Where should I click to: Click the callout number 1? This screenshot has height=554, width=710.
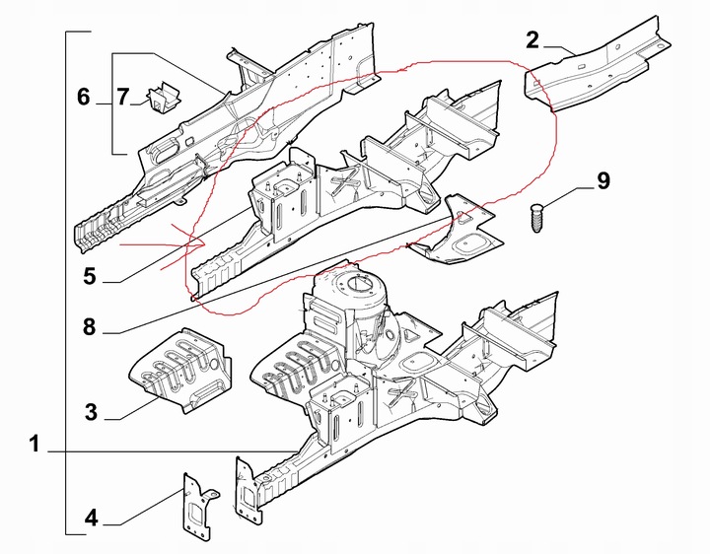(x=35, y=446)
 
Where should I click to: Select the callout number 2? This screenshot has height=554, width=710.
(x=532, y=40)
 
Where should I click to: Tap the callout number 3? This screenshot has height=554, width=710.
(x=91, y=412)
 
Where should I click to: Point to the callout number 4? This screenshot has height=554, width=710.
(x=91, y=516)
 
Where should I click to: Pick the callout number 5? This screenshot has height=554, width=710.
(x=90, y=277)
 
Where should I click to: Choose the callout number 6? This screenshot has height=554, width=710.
(x=84, y=97)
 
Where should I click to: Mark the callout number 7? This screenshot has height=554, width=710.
(x=122, y=97)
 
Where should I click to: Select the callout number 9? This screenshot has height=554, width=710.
(x=603, y=180)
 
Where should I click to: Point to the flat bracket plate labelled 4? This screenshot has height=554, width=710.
(x=196, y=505)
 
